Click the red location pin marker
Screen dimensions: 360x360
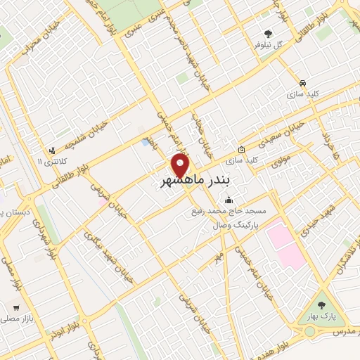(181, 165)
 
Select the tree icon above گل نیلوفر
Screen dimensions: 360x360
(267, 33)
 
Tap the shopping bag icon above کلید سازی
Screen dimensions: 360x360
(241, 149)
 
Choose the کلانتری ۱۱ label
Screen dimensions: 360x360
(50, 161)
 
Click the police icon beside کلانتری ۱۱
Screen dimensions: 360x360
(51, 150)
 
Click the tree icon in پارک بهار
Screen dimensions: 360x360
(321, 305)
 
